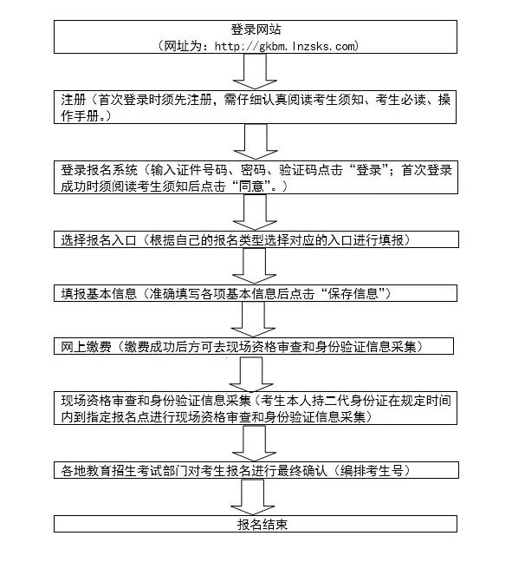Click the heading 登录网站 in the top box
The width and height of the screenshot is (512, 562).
click(x=256, y=29)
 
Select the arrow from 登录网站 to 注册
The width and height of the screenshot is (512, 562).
click(x=256, y=71)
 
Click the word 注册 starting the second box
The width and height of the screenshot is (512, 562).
click(x=74, y=99)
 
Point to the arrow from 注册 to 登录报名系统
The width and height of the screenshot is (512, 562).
click(x=256, y=141)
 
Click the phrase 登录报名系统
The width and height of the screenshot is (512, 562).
click(x=99, y=169)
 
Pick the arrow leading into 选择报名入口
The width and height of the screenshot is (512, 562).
click(x=255, y=212)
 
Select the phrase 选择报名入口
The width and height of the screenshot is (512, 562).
click(x=99, y=239)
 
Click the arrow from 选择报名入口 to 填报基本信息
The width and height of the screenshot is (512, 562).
click(x=254, y=265)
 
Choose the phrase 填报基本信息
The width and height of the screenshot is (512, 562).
click(x=99, y=293)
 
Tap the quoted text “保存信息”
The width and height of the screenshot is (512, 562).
click(x=353, y=293)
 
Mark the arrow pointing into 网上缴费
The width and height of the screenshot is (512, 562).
click(x=253, y=319)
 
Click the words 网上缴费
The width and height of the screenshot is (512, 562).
click(x=86, y=347)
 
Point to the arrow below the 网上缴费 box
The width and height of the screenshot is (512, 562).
click(x=251, y=374)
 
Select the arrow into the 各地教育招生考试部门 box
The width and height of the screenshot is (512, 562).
click(x=254, y=443)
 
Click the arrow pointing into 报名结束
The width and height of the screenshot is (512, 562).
click(x=253, y=497)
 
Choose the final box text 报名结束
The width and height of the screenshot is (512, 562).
click(x=262, y=525)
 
